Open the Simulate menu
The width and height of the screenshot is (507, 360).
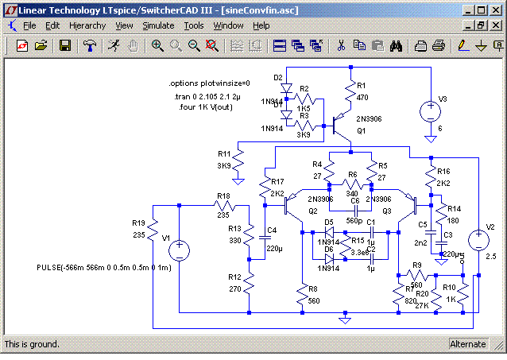(x=158, y=25)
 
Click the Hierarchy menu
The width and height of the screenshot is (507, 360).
(x=87, y=25)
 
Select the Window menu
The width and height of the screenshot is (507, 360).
(x=229, y=25)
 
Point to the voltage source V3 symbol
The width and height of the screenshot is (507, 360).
(x=430, y=112)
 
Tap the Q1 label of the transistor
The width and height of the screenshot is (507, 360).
(x=361, y=130)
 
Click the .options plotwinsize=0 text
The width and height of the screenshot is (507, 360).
(x=209, y=83)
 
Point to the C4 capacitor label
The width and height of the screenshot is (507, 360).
(x=272, y=230)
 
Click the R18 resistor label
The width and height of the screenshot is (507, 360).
(x=224, y=195)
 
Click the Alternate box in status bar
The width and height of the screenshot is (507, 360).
(x=467, y=344)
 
